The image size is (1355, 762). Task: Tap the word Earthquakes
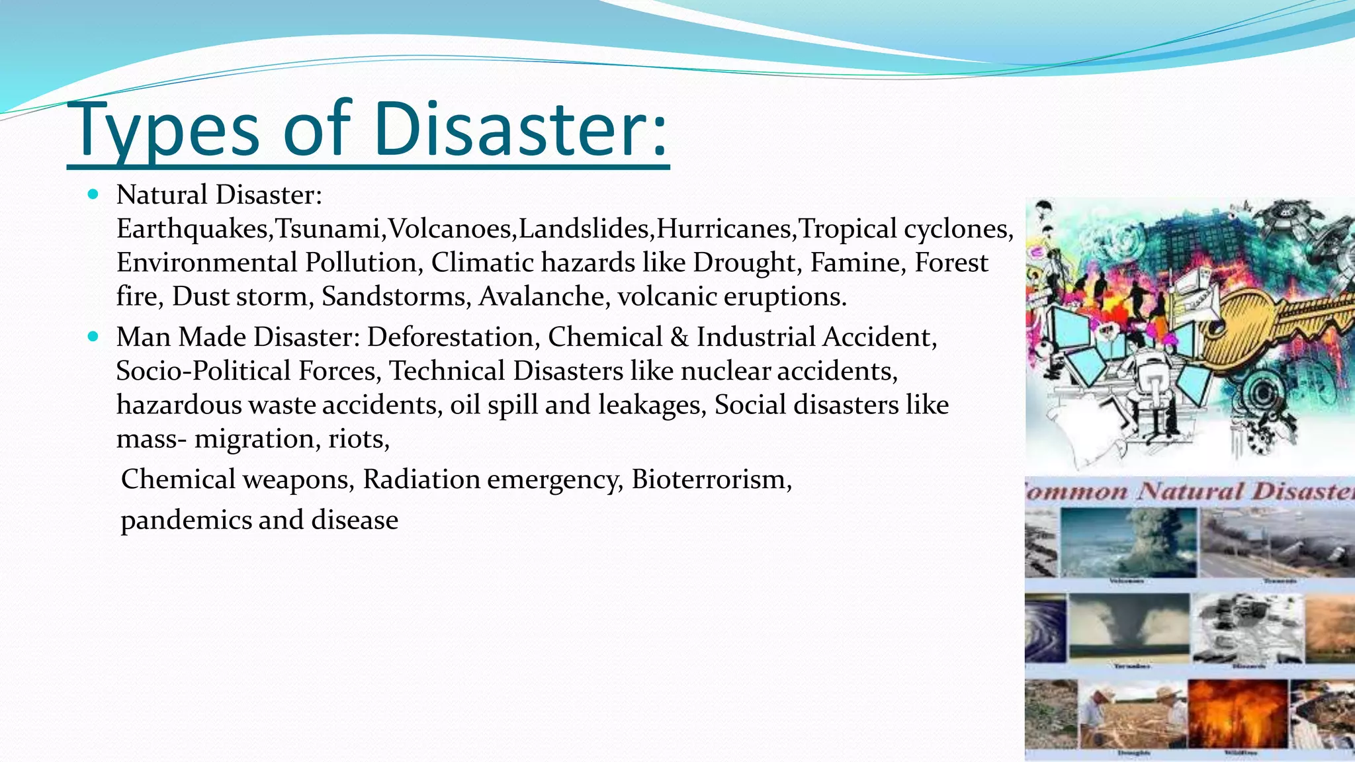tap(192, 229)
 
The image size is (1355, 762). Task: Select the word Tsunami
tap(328, 229)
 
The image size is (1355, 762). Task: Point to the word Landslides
tap(584, 229)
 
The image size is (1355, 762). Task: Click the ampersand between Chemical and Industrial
tap(679, 337)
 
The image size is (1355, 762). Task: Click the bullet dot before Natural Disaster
tap(93, 194)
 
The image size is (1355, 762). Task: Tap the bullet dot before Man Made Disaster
tap(93, 337)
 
